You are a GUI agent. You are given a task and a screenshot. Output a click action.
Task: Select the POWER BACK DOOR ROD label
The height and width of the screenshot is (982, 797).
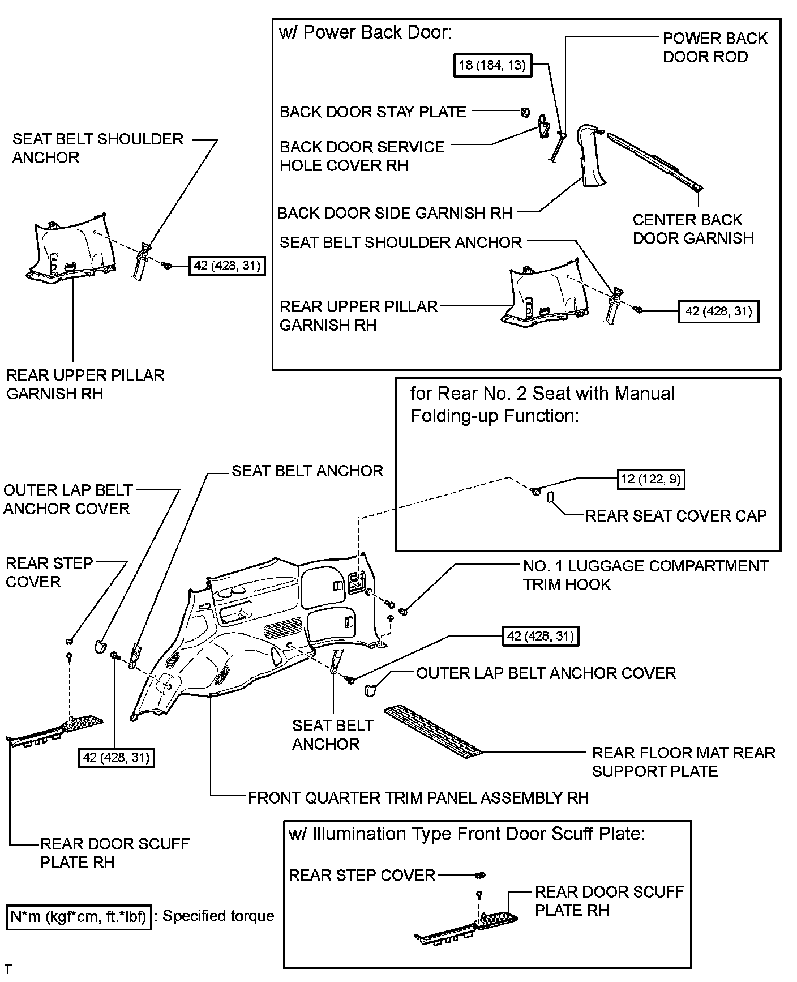pos(714,48)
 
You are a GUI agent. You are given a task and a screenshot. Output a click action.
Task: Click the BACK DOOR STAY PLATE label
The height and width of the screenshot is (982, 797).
pos(372,112)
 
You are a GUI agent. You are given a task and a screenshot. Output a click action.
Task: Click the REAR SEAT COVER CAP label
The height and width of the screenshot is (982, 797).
pos(675,516)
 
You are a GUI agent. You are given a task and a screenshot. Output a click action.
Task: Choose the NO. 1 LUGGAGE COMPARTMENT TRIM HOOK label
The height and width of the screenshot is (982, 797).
pos(645,575)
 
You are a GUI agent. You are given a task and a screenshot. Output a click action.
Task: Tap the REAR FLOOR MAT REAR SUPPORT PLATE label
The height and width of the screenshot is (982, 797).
pos(683,762)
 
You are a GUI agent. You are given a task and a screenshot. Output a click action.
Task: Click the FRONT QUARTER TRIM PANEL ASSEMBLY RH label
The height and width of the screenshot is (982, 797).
pos(418,798)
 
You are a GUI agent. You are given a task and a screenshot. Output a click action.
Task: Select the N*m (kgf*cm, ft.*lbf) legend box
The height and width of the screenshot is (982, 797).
pos(79,916)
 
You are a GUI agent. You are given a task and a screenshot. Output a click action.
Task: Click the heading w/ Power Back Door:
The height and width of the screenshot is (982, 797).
pos(365,32)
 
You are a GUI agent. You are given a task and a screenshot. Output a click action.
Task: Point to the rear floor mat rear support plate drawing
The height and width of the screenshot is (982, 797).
pos(432,730)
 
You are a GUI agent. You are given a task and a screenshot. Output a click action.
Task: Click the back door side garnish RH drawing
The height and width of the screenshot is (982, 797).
pos(590,156)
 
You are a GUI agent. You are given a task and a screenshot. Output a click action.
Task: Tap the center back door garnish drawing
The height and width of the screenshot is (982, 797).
pos(655,160)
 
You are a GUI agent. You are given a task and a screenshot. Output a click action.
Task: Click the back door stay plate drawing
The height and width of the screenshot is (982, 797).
pos(525,112)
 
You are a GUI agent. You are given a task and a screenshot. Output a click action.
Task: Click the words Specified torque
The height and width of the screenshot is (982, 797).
pos(218,916)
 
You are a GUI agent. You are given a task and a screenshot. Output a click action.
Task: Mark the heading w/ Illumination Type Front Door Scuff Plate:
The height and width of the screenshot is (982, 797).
pos(466,834)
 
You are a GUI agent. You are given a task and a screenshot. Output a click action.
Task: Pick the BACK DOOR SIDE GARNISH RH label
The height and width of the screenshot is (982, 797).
pos(395,213)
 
